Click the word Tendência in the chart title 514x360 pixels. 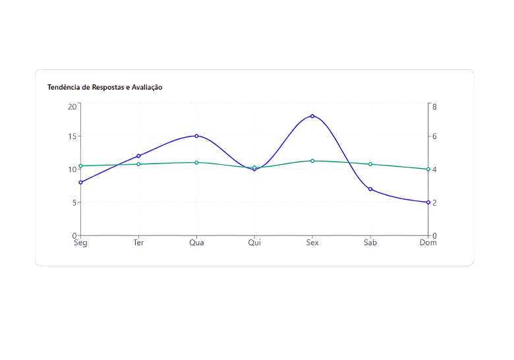click(x=63, y=87)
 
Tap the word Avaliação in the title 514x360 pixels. click(x=147, y=87)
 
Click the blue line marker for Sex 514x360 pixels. click(x=312, y=116)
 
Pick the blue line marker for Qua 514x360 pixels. click(x=196, y=136)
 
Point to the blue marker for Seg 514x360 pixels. click(x=80, y=183)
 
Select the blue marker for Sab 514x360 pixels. click(x=370, y=189)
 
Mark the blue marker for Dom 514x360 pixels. click(x=428, y=202)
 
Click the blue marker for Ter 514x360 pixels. click(x=138, y=156)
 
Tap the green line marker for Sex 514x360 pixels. click(x=312, y=161)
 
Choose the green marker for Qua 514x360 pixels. click(x=196, y=162)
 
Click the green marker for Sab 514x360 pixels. click(x=370, y=164)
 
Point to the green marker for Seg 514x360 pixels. click(x=80, y=165)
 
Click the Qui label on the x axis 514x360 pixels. click(x=254, y=243)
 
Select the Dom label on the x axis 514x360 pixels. click(x=428, y=243)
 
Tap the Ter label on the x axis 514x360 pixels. click(x=138, y=243)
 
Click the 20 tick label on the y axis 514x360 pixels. click(x=72, y=106)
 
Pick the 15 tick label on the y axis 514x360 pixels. click(x=72, y=136)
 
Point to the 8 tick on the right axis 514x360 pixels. click(x=435, y=106)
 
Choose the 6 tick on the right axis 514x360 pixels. click(x=435, y=136)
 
